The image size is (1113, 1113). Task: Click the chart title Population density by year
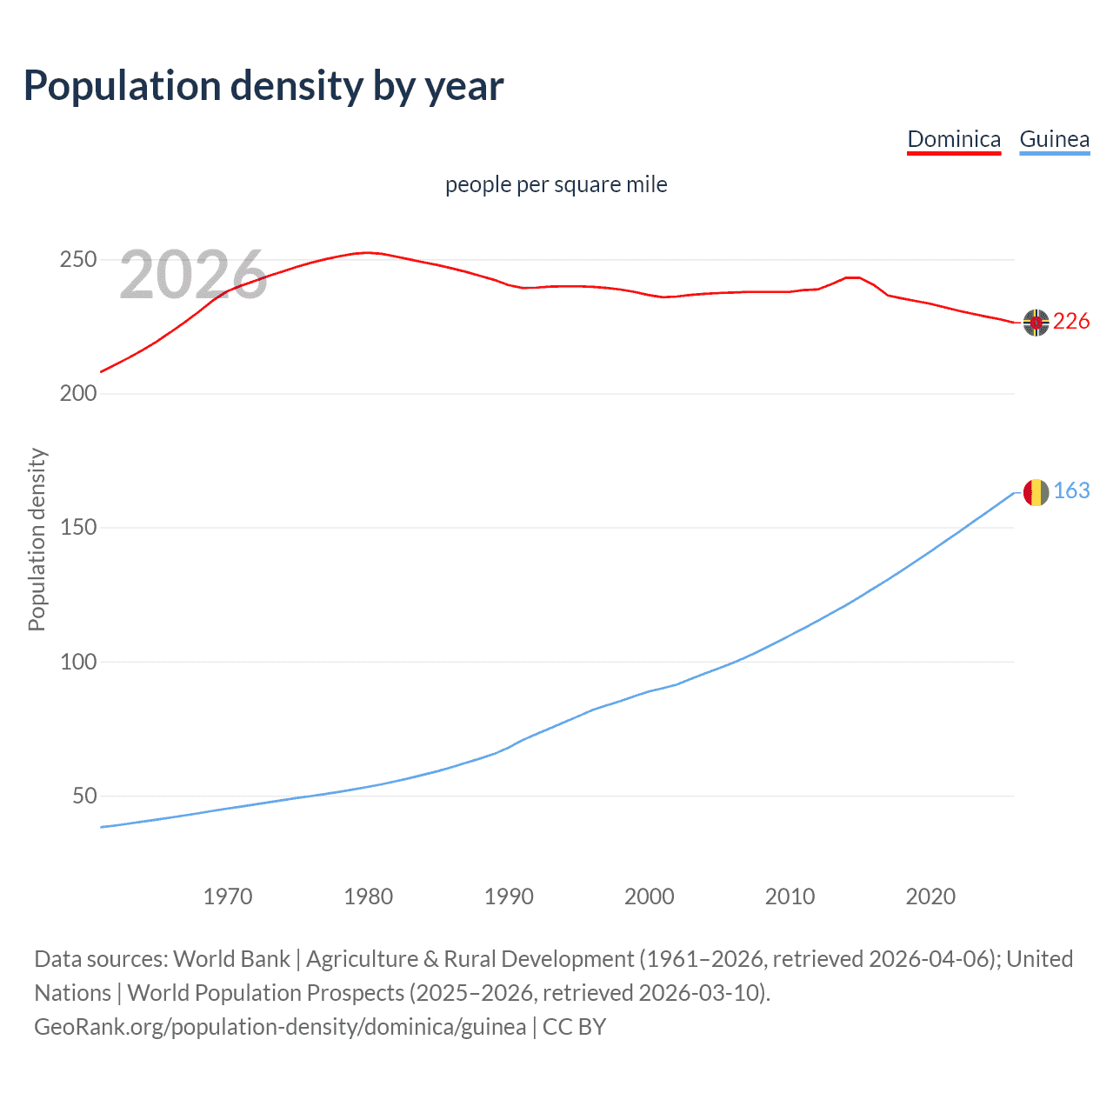[x=263, y=86]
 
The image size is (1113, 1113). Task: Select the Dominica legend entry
[x=954, y=139]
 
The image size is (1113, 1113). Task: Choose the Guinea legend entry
[x=1054, y=139]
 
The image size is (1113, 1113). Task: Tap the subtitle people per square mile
[x=556, y=184]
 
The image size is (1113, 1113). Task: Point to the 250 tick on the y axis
[x=77, y=260]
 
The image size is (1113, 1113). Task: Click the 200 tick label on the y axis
[x=77, y=394]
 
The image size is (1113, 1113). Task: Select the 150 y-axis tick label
[x=77, y=528]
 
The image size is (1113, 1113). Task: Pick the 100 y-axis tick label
[x=77, y=662]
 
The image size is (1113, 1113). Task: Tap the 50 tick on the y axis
[x=83, y=796]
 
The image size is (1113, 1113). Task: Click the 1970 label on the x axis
[x=228, y=896]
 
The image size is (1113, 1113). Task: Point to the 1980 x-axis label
[x=369, y=896]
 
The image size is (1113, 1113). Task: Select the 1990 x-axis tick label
[x=509, y=896]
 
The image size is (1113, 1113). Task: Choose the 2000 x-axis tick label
[x=650, y=896]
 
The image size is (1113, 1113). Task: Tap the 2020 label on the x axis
[x=930, y=896]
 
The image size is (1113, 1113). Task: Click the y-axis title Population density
[x=37, y=539]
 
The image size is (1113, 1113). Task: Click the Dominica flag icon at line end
[x=1036, y=323]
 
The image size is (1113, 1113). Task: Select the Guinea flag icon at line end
[x=1036, y=492]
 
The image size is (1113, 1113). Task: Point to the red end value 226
[x=1071, y=322]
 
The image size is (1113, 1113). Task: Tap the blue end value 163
[x=1071, y=491]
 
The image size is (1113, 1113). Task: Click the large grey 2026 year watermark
[x=193, y=275]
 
